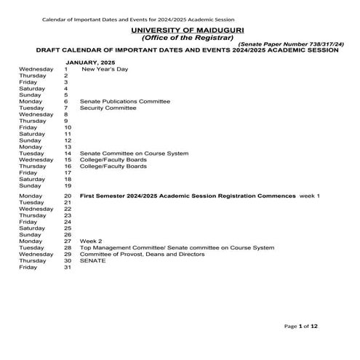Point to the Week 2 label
(x=91, y=241)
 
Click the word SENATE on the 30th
(x=92, y=260)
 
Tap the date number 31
(x=68, y=267)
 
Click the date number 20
(x=68, y=196)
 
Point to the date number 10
(x=68, y=127)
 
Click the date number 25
(x=68, y=228)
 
